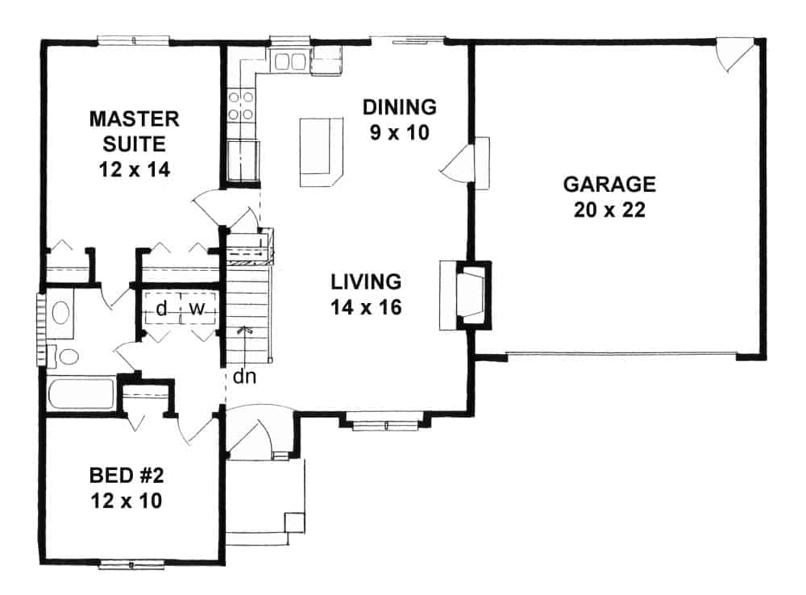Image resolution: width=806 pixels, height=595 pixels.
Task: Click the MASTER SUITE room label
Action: point(133,131)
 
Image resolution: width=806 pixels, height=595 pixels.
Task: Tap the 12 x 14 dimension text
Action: point(133,170)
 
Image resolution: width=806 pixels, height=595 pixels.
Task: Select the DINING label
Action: point(399,106)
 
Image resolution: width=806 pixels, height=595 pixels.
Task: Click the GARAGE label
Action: point(609,184)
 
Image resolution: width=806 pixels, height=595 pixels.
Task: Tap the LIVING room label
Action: point(366,281)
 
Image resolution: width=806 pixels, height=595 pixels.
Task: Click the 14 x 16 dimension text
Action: point(366,307)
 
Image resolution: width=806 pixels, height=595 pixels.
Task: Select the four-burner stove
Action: point(240,105)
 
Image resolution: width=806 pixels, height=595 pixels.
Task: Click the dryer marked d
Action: point(161,308)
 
